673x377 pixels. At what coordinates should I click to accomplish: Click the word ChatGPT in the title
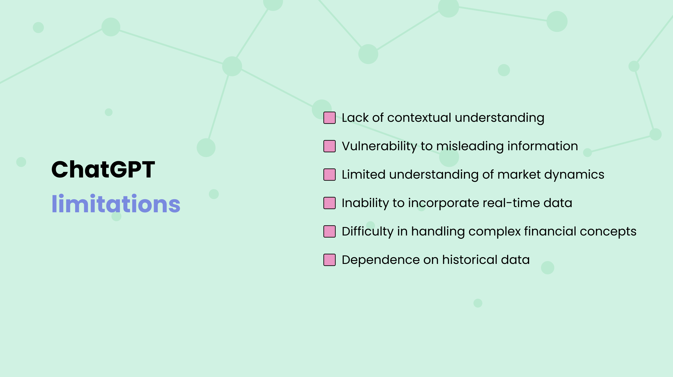103,169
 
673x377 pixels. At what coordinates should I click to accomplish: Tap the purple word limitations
116,204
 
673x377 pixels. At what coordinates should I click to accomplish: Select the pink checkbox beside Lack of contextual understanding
330,118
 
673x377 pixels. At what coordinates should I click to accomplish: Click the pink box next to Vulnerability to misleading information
330,146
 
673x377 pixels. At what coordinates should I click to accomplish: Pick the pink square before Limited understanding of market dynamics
330,175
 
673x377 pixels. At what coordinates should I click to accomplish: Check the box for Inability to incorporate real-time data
330,203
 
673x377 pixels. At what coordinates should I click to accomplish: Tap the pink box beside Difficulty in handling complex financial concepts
330,231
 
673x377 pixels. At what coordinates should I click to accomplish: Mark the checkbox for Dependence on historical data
330,260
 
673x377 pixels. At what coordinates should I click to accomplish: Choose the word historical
470,260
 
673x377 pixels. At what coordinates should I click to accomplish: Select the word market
519,175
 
